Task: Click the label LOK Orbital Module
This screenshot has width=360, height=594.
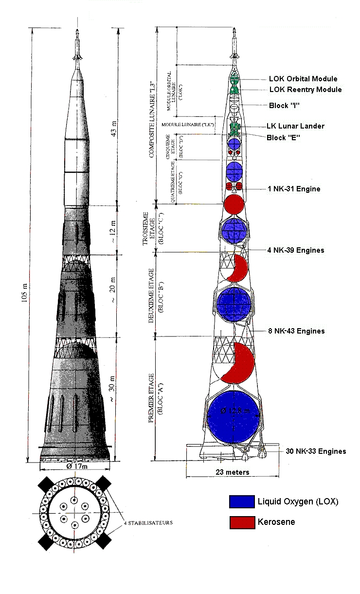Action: (303, 78)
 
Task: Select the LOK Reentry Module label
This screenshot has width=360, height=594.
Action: (305, 90)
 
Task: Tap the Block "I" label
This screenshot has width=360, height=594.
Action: (284, 105)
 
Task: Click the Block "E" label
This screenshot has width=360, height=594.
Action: (283, 138)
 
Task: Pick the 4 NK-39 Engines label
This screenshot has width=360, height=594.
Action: (295, 250)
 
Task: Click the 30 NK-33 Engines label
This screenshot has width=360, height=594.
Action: (316, 451)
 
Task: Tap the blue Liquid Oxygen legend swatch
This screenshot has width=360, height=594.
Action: (242, 501)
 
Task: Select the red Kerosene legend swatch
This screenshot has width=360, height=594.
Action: (242, 522)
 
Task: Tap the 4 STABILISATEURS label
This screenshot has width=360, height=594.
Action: (147, 522)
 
